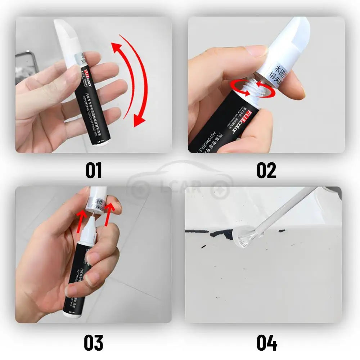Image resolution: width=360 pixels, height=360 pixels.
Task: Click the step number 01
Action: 94,170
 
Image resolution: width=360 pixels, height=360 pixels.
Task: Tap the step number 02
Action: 266,170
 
